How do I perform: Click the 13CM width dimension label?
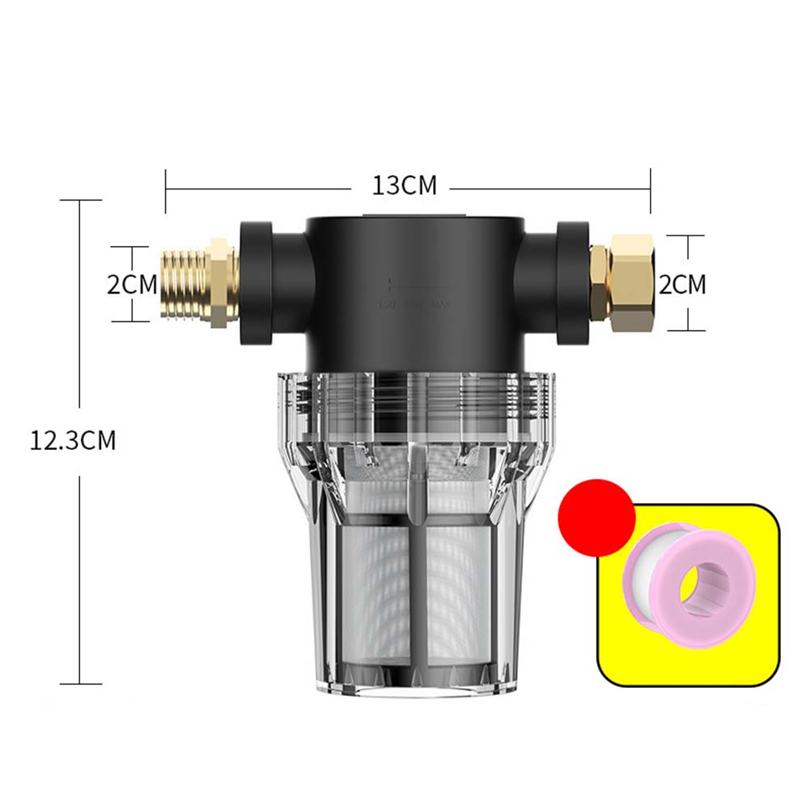[404, 185]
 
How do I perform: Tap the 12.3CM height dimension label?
[73, 441]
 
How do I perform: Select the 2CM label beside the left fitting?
[132, 284]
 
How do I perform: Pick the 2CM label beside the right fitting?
[682, 284]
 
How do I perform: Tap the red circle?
[597, 517]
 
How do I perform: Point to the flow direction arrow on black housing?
[413, 285]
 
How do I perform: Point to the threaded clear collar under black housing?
[413, 397]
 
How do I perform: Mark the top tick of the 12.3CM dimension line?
[81, 200]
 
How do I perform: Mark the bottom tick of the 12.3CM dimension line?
[81, 684]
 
